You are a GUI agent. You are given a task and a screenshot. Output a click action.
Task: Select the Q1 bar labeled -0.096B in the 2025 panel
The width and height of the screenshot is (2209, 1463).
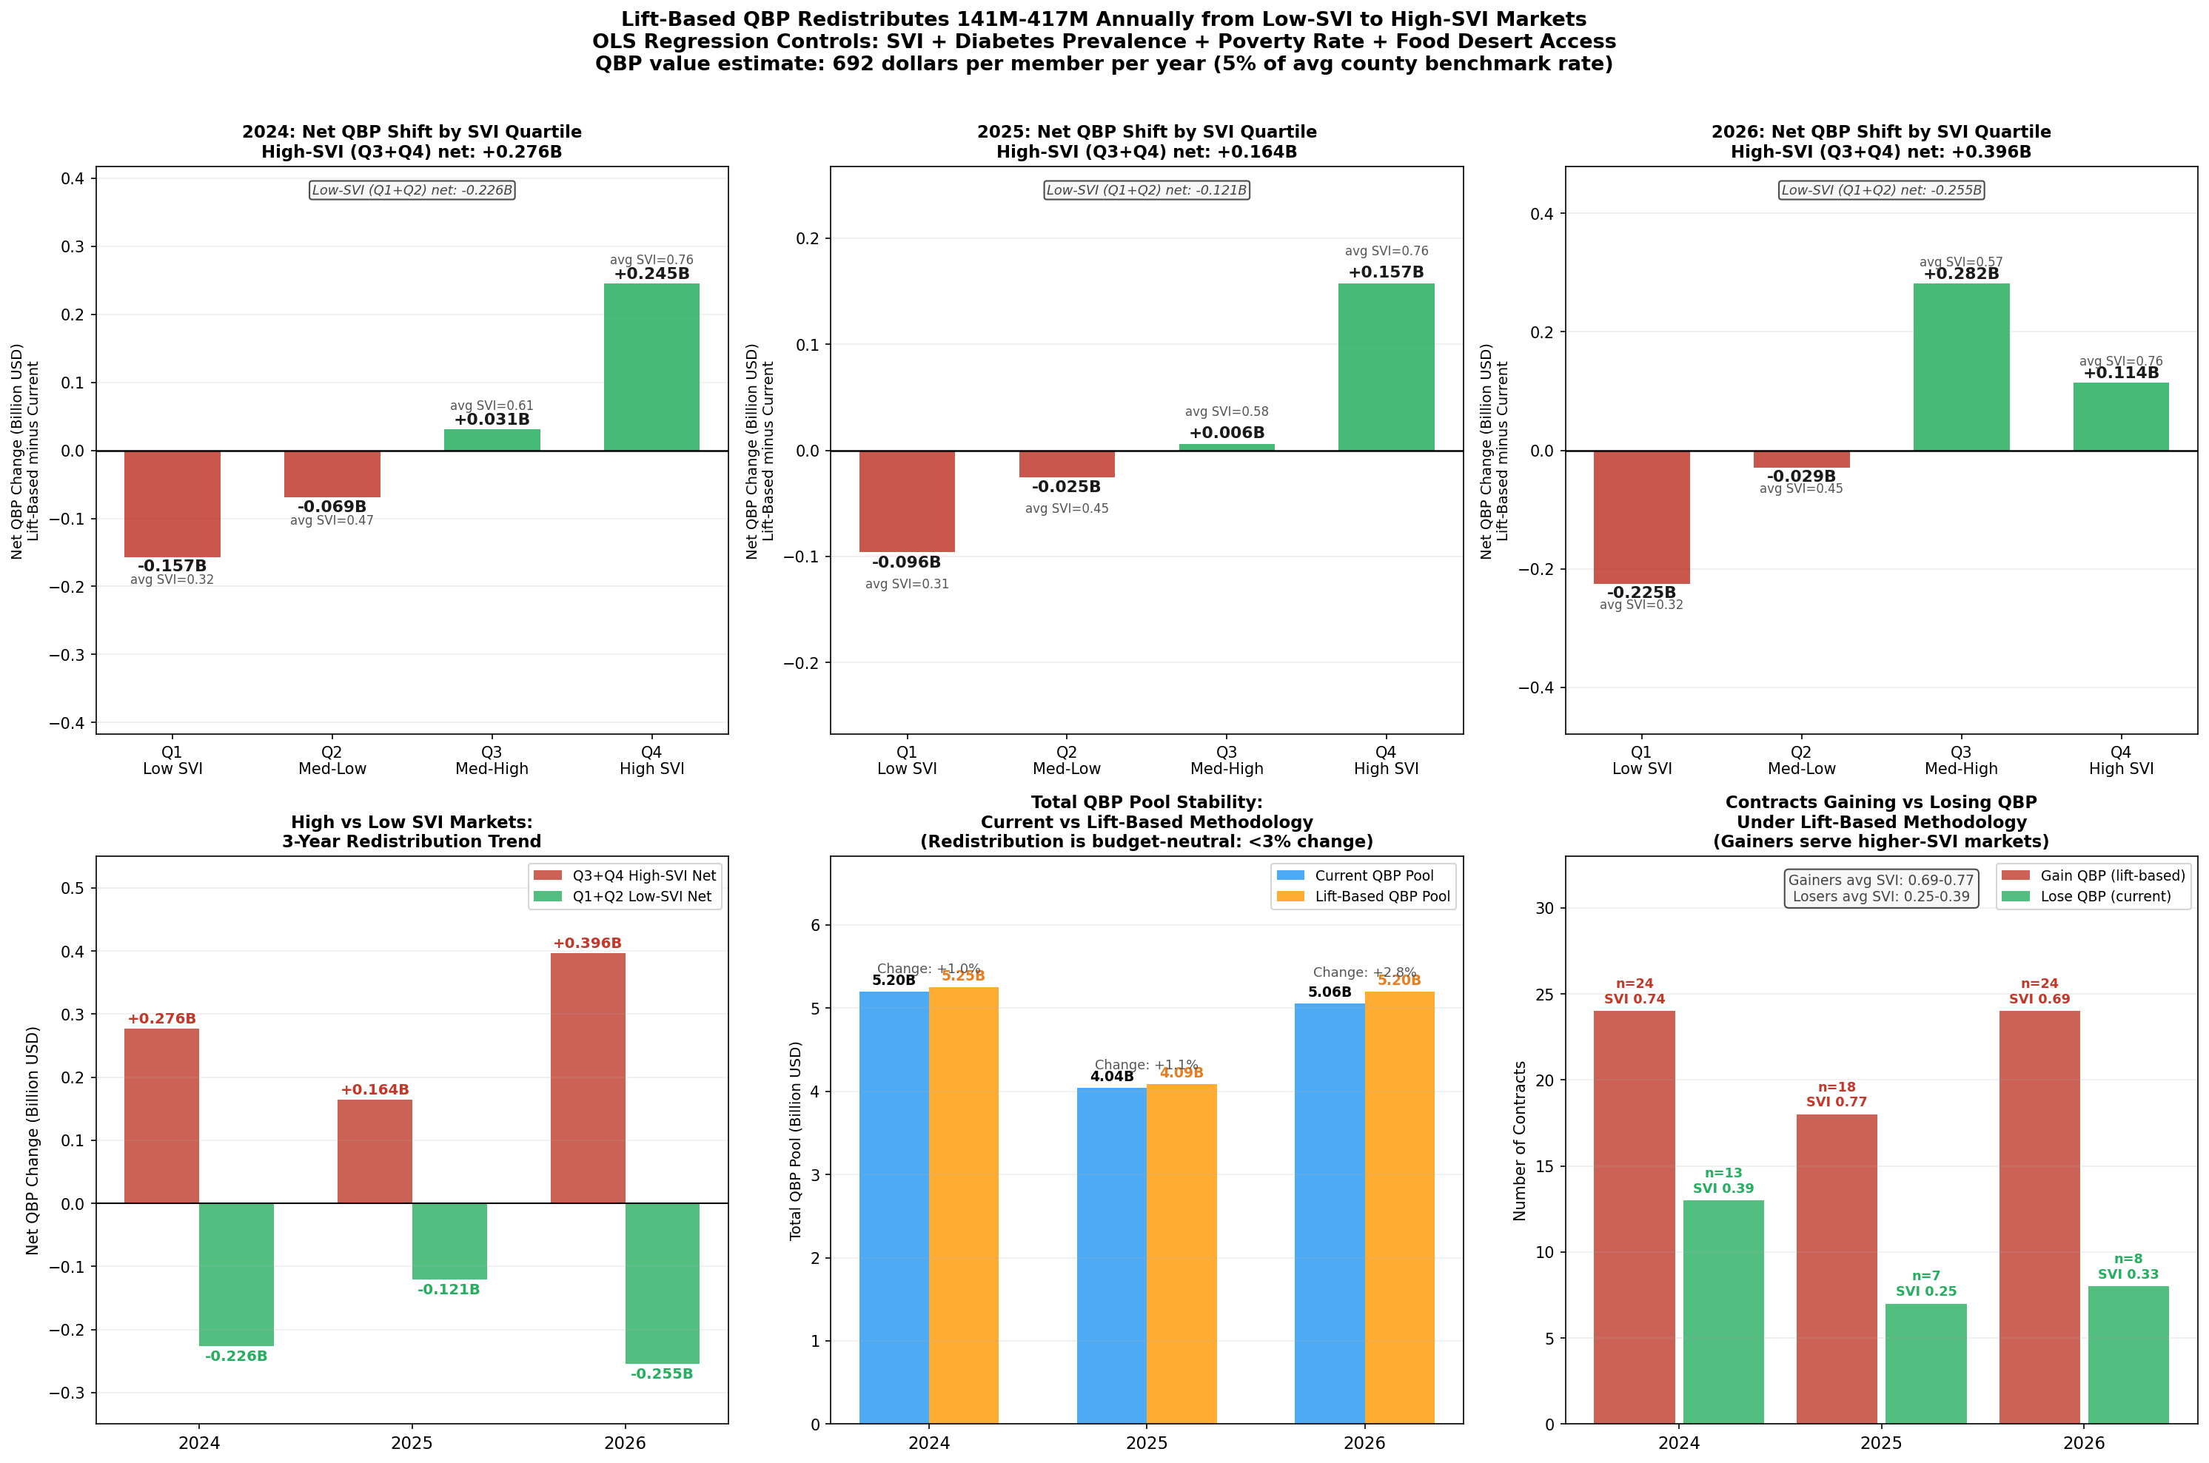tap(906, 501)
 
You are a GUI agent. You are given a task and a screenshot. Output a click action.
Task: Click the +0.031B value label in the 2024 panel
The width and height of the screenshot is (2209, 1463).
tap(492, 420)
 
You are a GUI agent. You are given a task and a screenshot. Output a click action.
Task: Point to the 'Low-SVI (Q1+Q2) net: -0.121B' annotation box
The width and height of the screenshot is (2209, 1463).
tap(1146, 190)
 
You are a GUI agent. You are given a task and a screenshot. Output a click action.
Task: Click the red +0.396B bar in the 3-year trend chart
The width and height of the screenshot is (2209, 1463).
tap(587, 1077)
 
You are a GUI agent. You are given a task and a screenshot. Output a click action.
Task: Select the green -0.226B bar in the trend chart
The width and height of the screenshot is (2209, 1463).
tap(236, 1274)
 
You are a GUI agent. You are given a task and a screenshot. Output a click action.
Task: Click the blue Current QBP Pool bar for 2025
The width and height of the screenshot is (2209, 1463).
tap(1110, 1255)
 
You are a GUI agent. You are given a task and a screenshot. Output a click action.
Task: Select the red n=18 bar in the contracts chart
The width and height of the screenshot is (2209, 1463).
tap(1836, 1269)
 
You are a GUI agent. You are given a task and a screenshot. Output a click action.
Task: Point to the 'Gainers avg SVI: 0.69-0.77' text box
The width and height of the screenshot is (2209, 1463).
tap(1880, 888)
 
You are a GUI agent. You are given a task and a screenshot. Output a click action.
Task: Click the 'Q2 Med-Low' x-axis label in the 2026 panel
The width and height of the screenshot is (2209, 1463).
tap(1800, 761)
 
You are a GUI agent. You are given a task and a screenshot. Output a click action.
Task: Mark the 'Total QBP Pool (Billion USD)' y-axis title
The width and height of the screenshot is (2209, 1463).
tap(795, 1140)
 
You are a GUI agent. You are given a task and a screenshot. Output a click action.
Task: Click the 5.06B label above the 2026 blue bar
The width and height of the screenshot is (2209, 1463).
tap(1329, 992)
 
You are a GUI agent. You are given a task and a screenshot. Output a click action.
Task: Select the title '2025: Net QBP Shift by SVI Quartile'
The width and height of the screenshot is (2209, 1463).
tap(1146, 132)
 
